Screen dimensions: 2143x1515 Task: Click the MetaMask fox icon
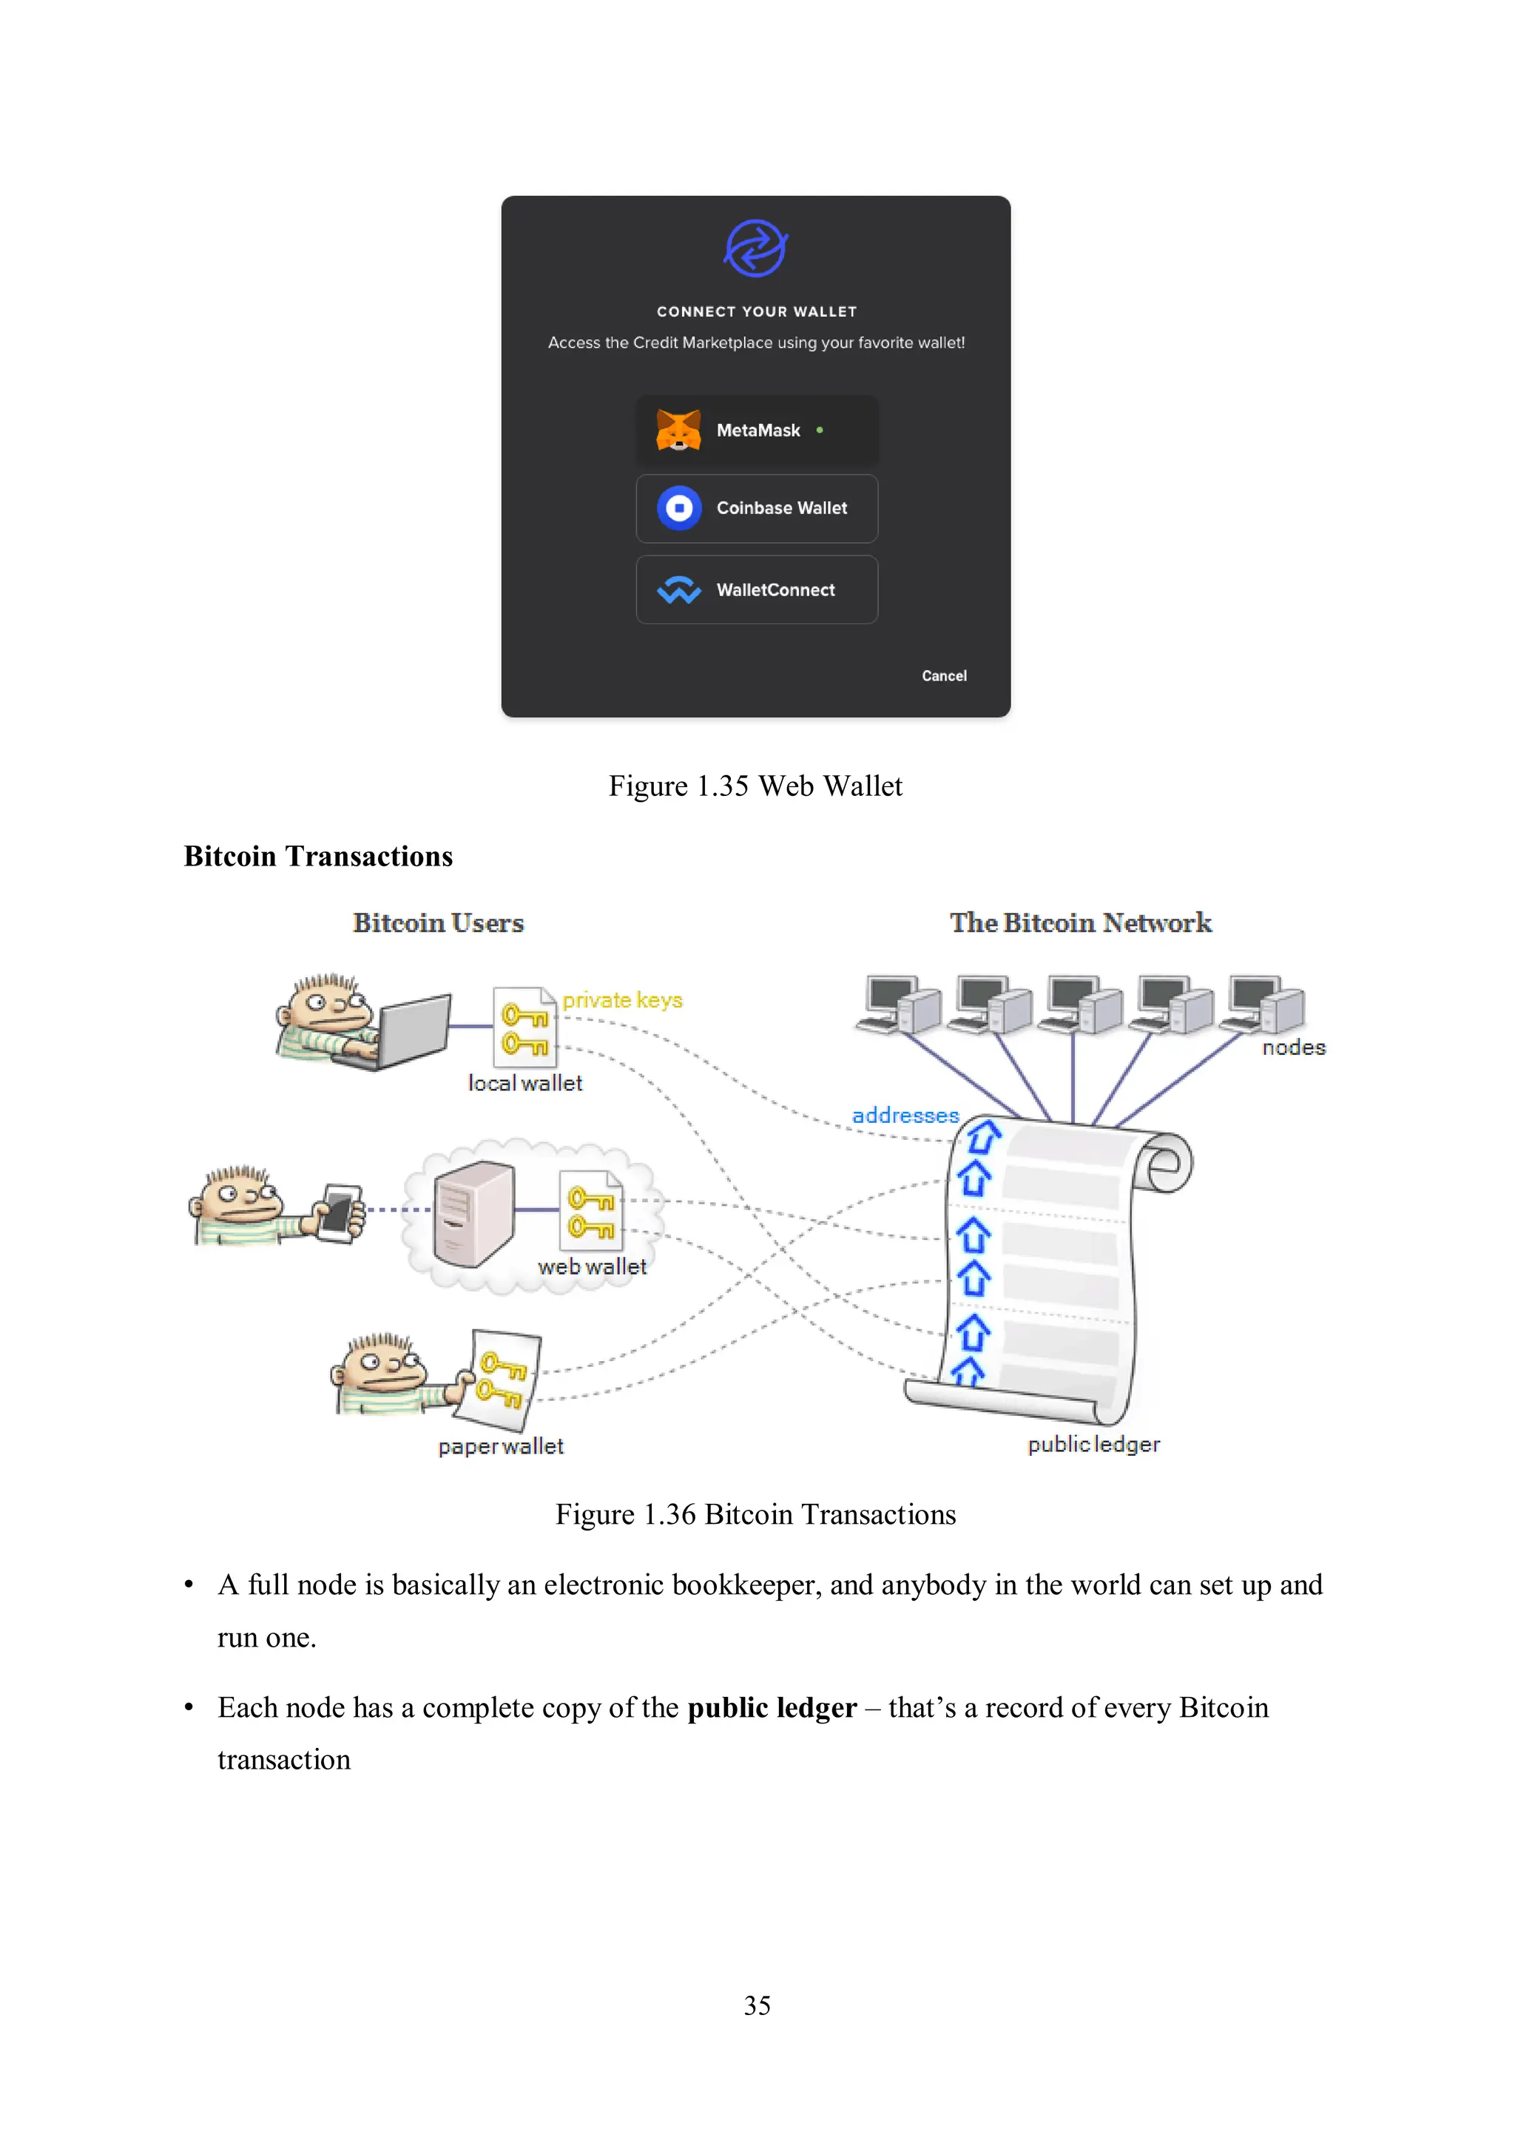678,431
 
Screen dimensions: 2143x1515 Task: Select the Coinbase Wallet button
756,509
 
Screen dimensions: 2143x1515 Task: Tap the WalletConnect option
756,590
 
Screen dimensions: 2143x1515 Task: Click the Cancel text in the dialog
944,676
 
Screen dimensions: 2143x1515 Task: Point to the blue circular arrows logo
756,249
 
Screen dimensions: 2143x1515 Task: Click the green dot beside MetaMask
820,431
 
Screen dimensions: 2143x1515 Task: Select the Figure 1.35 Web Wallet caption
755,786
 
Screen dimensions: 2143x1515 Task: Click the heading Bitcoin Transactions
318,856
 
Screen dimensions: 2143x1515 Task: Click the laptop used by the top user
411,1031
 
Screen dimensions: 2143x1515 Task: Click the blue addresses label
905,1116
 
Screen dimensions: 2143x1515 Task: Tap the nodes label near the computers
1293,1048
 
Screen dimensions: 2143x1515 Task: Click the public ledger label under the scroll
1093,1444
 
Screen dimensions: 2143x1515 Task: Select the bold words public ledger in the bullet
772,1707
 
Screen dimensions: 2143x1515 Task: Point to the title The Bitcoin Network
1080,922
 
